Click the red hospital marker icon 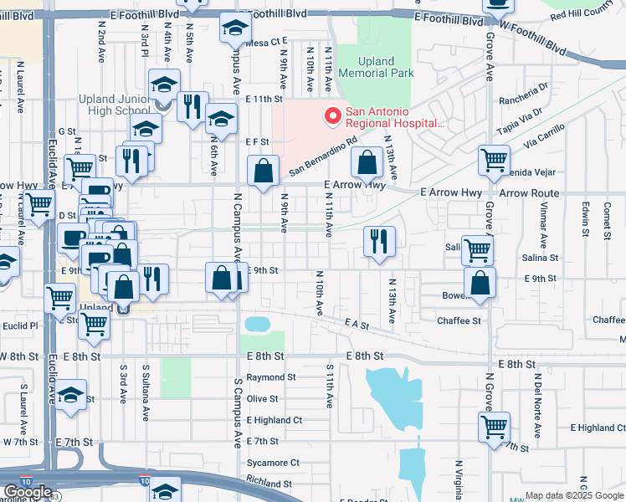pos(332,115)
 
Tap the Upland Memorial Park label pos(386,67)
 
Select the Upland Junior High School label pos(115,105)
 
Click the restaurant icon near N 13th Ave pos(379,241)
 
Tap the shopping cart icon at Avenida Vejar pos(494,159)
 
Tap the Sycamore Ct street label pos(273,463)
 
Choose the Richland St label pos(269,484)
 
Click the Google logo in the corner pos(28,492)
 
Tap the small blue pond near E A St pos(257,323)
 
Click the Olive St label pos(262,399)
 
